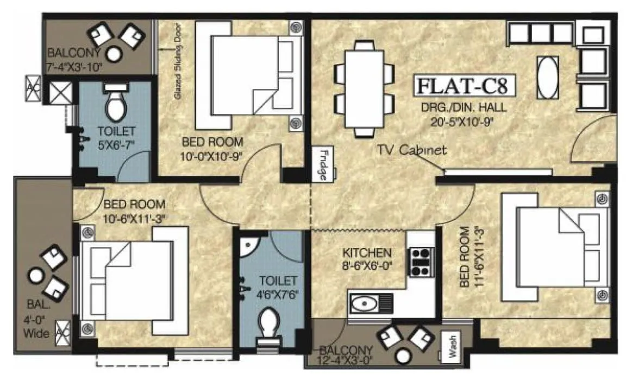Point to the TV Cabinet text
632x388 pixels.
click(x=412, y=150)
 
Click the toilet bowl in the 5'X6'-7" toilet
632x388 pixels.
click(x=115, y=106)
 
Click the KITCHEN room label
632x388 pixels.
click(x=367, y=253)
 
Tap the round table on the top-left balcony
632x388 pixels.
click(x=114, y=54)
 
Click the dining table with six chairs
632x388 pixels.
click(x=364, y=90)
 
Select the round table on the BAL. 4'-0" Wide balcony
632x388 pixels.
click(x=36, y=276)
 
